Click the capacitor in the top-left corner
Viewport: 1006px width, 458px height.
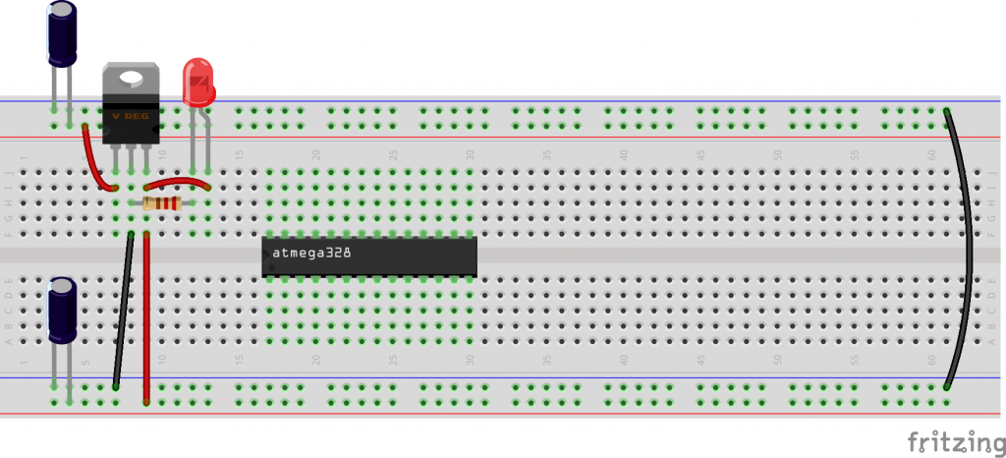coord(62,34)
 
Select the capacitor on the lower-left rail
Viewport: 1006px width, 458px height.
coord(62,311)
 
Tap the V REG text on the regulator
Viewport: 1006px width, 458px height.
coord(130,115)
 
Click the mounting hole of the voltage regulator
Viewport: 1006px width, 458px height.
coord(130,78)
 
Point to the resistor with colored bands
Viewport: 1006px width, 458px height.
coord(162,203)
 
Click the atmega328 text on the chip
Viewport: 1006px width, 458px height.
coord(311,253)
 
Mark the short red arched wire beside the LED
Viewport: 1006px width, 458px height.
coord(178,181)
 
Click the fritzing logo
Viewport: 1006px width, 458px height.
coord(951,441)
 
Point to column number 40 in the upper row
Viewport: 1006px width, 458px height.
coord(623,155)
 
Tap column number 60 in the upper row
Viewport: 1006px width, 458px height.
coord(931,155)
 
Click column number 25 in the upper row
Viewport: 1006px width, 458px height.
coord(393,155)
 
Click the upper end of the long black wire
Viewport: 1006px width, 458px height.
coord(947,111)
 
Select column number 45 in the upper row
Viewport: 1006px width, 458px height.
coord(700,155)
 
